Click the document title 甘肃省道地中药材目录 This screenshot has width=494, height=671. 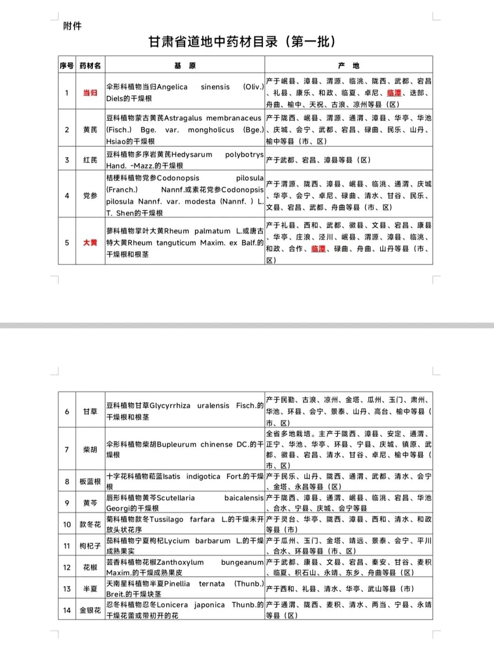(x=242, y=42)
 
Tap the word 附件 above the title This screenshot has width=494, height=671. (x=72, y=26)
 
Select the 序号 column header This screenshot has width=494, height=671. (x=67, y=66)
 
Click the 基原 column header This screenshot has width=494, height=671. (x=185, y=66)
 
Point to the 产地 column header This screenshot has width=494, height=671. (x=349, y=66)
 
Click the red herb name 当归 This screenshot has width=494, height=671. (x=90, y=93)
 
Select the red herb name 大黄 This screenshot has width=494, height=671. (x=90, y=242)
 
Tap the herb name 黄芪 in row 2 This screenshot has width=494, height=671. (x=90, y=130)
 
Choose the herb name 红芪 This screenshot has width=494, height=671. (x=90, y=160)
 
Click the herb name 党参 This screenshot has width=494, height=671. (x=90, y=196)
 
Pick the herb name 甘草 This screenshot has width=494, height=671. (x=90, y=411)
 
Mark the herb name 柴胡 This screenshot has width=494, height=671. (x=90, y=449)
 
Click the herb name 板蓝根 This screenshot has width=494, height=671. (x=90, y=481)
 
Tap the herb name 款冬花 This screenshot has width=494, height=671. (x=90, y=524)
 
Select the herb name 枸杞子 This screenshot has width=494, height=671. (x=90, y=546)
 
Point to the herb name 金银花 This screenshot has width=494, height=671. (x=90, y=610)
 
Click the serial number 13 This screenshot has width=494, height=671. (x=67, y=589)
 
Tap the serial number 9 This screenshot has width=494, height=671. (x=67, y=503)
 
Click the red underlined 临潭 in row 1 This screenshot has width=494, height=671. (x=394, y=93)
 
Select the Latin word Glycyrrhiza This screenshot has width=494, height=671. (x=170, y=405)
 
